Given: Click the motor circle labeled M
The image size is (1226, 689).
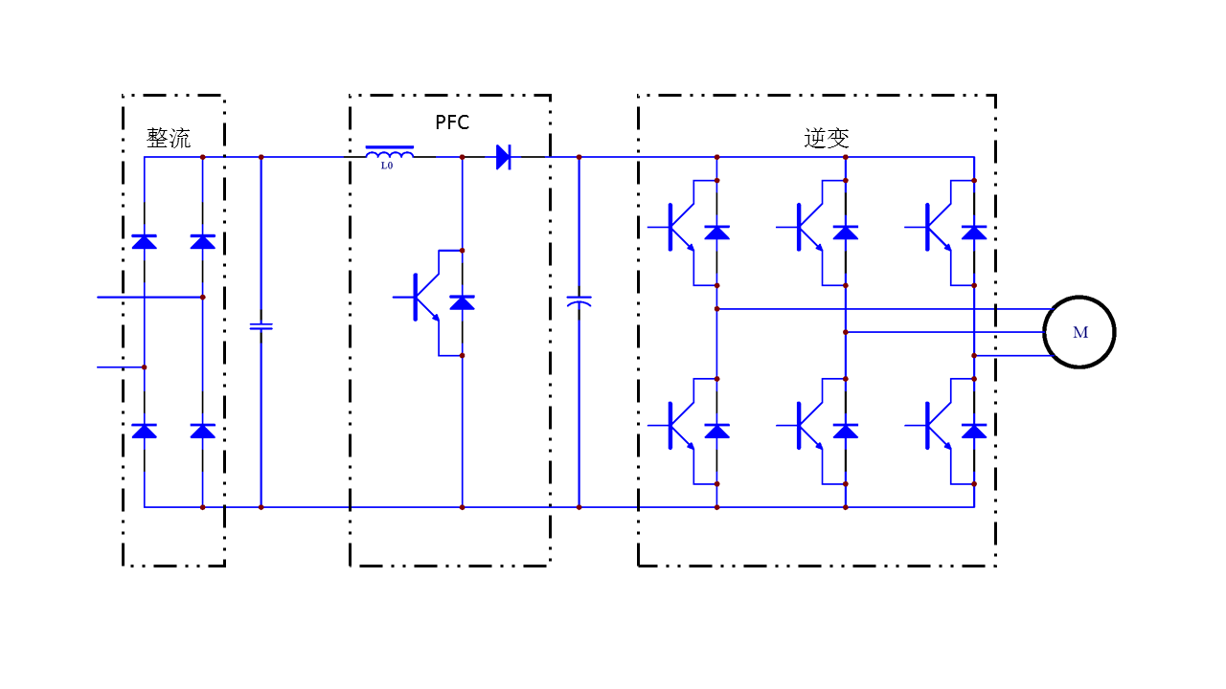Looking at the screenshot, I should point(1079,332).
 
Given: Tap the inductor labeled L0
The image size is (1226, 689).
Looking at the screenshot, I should point(389,152).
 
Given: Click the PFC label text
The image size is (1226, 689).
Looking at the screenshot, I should point(452,122).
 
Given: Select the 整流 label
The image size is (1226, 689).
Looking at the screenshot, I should point(169,138).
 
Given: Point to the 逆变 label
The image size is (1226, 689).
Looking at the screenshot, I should point(827,138).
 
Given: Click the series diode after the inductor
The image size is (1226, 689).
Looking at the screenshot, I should point(504,157).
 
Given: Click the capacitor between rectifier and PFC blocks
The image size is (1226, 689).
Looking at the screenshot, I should point(261,326).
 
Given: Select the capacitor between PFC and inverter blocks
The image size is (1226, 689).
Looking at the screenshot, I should point(579,301).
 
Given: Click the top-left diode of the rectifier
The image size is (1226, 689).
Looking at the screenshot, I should point(145,241).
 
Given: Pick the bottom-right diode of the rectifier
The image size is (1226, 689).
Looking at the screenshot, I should point(202,431).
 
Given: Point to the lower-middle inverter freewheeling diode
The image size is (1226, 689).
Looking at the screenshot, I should point(846,431).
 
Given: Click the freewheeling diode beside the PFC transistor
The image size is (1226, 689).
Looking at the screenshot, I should point(462,302).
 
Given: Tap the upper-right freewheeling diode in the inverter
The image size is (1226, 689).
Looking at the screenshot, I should point(974,232).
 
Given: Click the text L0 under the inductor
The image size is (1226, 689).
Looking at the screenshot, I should point(387,167).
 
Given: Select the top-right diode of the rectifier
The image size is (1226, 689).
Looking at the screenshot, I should point(202,241).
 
